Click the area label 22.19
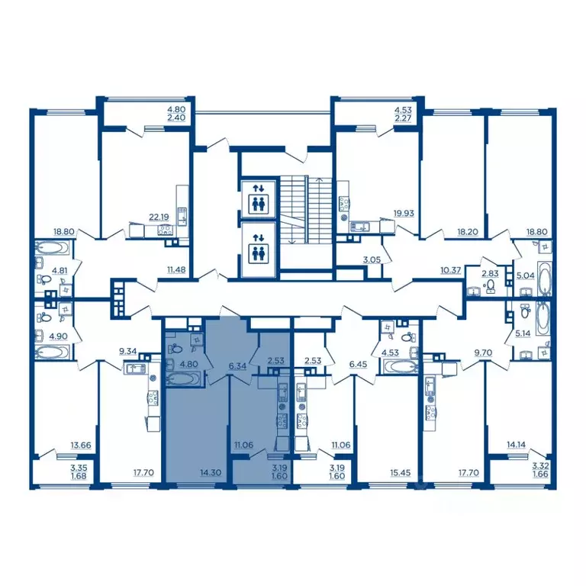coord(159,217)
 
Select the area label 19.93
coord(404,214)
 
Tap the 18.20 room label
coord(468,232)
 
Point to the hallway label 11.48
coord(176,269)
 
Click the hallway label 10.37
coord(451,269)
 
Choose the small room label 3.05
coord(372,259)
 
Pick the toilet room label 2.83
coord(490,273)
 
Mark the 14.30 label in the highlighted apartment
coord(211,473)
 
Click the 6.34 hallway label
coord(238,366)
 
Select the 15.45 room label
coord(401,473)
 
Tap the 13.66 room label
coord(81,445)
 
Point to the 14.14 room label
coord(516,445)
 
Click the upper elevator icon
coord(259,199)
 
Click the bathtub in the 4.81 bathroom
coord(53,248)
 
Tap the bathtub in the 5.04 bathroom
coord(545,279)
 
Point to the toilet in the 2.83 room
coord(490,286)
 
